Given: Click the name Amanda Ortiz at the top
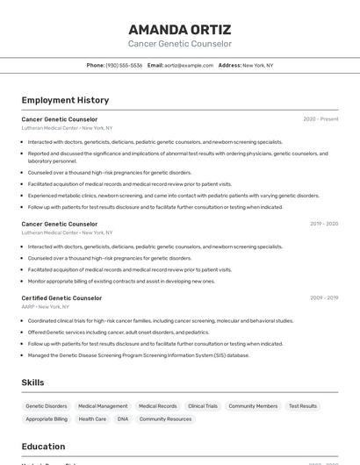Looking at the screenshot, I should tap(180, 28).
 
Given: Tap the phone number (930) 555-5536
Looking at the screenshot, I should tap(124, 65).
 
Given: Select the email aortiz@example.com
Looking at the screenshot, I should tap(189, 65).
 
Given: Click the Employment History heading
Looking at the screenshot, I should tap(65, 100).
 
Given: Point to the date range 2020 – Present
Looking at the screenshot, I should tap(320, 119).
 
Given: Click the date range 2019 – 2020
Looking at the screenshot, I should tap(324, 224).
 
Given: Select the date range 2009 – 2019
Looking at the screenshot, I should tap(324, 298).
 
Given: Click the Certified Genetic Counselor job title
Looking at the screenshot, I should tap(61, 298).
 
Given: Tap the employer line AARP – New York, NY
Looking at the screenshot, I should tap(46, 307).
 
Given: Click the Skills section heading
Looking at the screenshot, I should tap(33, 383).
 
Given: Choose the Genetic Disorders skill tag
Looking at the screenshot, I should tap(47, 406).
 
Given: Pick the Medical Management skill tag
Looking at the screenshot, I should tap(103, 406).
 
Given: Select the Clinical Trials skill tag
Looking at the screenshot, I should tap(203, 406).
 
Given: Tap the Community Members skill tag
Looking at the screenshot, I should tap(253, 406).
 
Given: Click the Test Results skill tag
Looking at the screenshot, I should tap(303, 406).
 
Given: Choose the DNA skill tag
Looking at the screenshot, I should tap(123, 419).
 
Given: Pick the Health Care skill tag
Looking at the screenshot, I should tap(92, 419).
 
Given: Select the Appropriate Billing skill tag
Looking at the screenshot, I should tap(47, 419).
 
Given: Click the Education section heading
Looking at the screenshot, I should tap(43, 447).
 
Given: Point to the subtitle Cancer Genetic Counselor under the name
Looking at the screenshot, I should tap(180, 44).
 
